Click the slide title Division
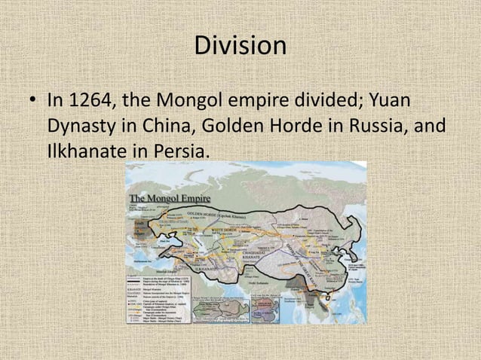(x=240, y=46)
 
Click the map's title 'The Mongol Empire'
(x=170, y=198)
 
